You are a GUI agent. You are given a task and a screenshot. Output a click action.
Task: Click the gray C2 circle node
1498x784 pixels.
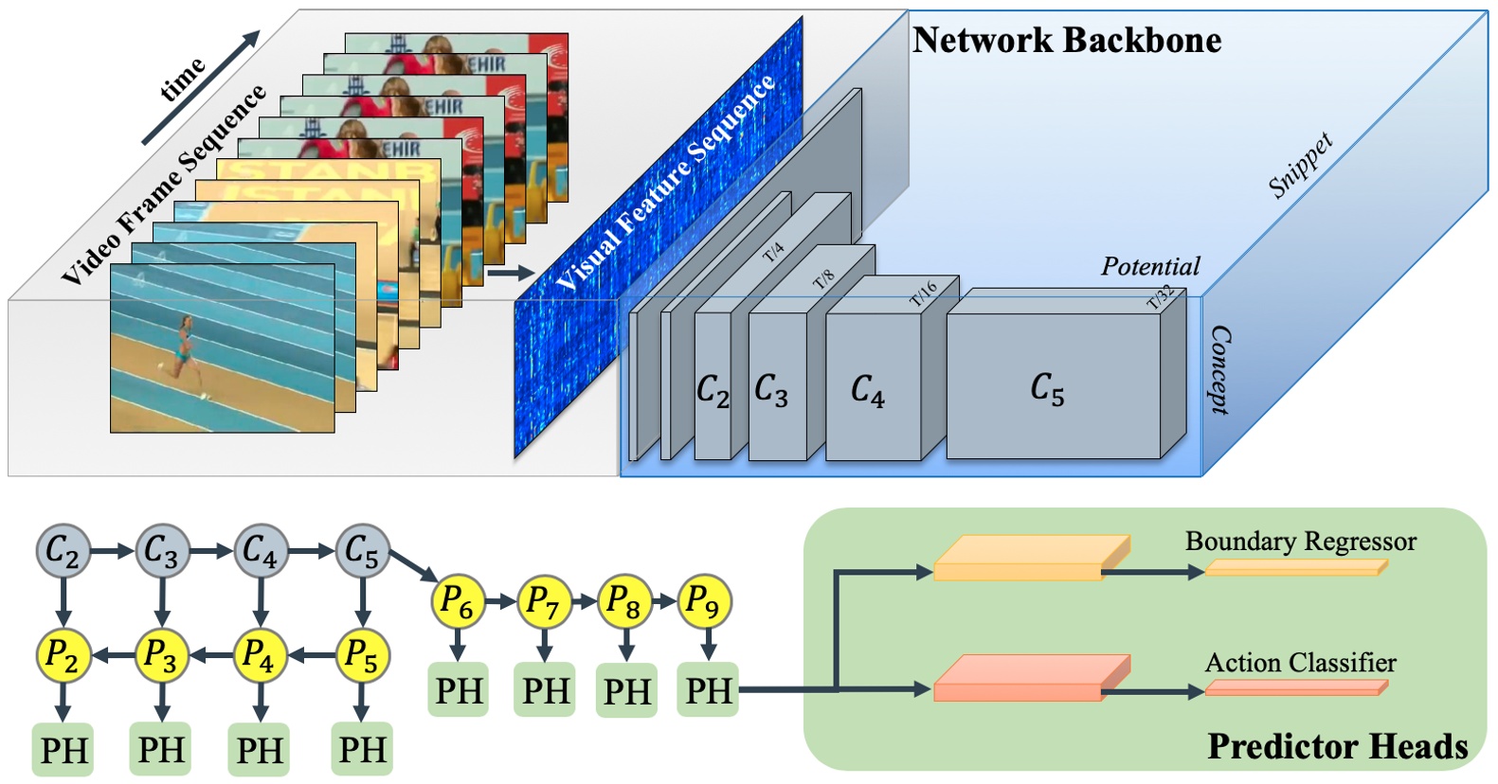[x=63, y=551]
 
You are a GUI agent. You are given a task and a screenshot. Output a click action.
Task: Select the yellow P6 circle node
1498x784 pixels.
[x=458, y=601]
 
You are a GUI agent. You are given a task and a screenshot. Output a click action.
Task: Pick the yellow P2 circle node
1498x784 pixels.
[x=63, y=654]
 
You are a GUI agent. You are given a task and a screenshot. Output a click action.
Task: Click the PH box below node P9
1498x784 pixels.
[x=709, y=690]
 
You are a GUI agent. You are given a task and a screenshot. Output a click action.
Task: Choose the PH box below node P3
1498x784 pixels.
[x=162, y=750]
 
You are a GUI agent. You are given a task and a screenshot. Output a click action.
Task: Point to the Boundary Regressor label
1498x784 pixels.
[x=1300, y=542]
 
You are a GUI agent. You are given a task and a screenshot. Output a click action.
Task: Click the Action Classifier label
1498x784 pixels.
[x=1300, y=663]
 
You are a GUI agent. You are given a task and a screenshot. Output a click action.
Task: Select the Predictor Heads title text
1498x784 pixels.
[x=1337, y=746]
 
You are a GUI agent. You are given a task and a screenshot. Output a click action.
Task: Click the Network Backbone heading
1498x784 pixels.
[x=1066, y=41]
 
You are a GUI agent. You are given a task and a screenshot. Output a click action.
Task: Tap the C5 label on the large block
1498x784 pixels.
[x=1047, y=388]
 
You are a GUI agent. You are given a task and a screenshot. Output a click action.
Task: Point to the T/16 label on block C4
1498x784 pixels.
[x=923, y=293]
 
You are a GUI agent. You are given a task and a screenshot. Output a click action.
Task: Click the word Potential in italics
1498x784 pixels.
[x=1149, y=267]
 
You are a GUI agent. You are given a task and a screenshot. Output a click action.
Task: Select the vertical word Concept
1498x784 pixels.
[x=1219, y=370]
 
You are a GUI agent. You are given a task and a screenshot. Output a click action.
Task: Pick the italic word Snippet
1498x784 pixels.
[x=1301, y=166]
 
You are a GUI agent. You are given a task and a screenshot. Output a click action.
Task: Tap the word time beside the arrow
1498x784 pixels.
[x=182, y=79]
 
